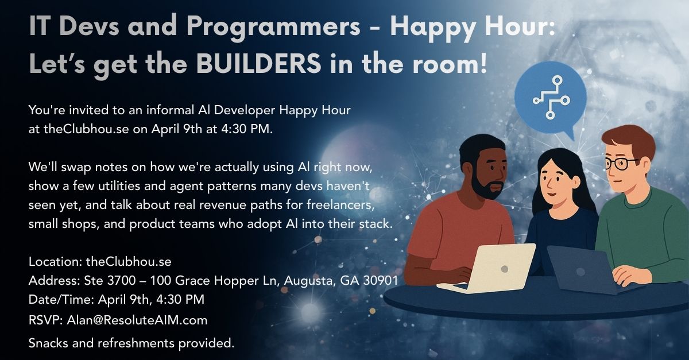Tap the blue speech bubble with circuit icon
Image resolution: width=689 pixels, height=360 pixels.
[549, 100]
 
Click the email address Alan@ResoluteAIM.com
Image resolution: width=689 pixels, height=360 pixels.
[137, 319]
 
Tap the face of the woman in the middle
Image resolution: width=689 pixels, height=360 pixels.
[553, 182]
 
